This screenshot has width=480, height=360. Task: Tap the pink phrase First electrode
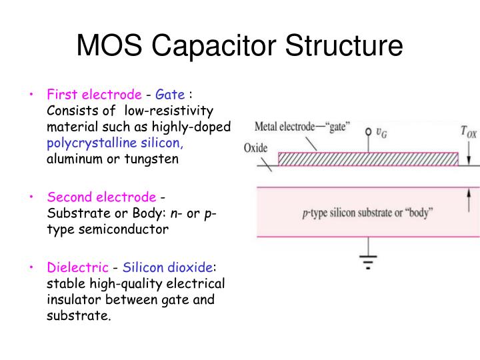point(94,95)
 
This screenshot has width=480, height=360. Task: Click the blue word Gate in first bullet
point(169,95)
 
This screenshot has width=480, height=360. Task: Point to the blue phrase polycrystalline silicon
point(115,143)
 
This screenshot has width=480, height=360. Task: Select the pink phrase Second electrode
point(101,197)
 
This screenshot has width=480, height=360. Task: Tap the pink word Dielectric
point(77,267)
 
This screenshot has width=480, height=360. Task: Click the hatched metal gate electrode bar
point(367,159)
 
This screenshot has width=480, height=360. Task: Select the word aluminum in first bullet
point(71,159)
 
